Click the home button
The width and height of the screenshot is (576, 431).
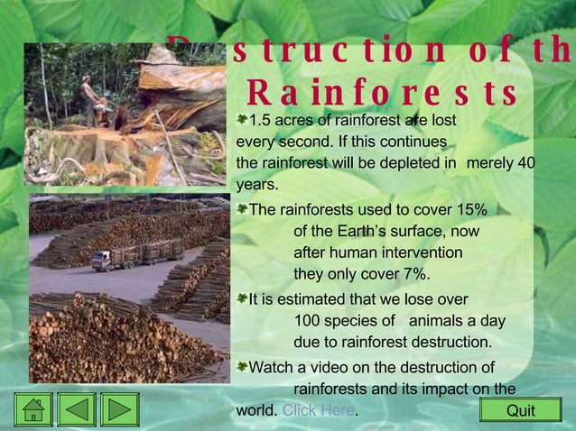click(x=33, y=409)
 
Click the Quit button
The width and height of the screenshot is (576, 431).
click(x=520, y=410)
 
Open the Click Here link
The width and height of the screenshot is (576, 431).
click(x=318, y=410)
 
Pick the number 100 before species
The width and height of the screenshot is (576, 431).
click(x=308, y=321)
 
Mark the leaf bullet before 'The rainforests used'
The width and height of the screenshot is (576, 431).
click(x=242, y=209)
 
